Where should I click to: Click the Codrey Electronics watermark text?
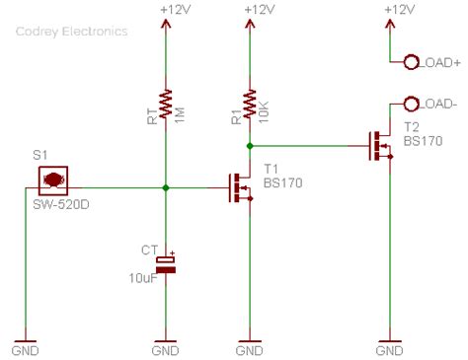coord(71,31)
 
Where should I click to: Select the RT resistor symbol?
coord(166,102)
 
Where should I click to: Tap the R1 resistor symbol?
coord(250,102)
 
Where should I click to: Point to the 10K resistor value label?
coord(264,103)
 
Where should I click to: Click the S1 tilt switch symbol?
coord(52,180)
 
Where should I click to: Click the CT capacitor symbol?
coord(166,261)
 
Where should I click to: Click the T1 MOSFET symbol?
coord(242,186)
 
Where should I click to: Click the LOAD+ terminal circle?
coord(411,63)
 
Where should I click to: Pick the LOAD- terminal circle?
coord(411,104)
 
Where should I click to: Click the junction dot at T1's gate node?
coord(166,186)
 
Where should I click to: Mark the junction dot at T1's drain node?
coord(250,146)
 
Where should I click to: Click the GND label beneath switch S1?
coord(25,350)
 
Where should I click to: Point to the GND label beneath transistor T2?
coord(391,350)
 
